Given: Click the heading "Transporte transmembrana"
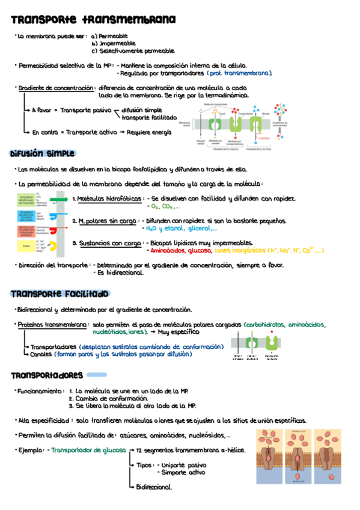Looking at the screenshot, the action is click(x=93, y=20).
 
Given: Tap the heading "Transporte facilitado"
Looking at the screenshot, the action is click(x=59, y=294).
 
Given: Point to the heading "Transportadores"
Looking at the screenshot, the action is click(x=47, y=375).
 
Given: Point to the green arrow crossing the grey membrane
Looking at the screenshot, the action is click(x=58, y=198).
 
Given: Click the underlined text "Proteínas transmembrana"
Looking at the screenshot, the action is click(x=53, y=325).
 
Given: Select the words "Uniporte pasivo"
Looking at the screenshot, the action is click(x=180, y=465).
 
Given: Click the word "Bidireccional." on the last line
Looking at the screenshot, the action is click(x=154, y=487).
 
